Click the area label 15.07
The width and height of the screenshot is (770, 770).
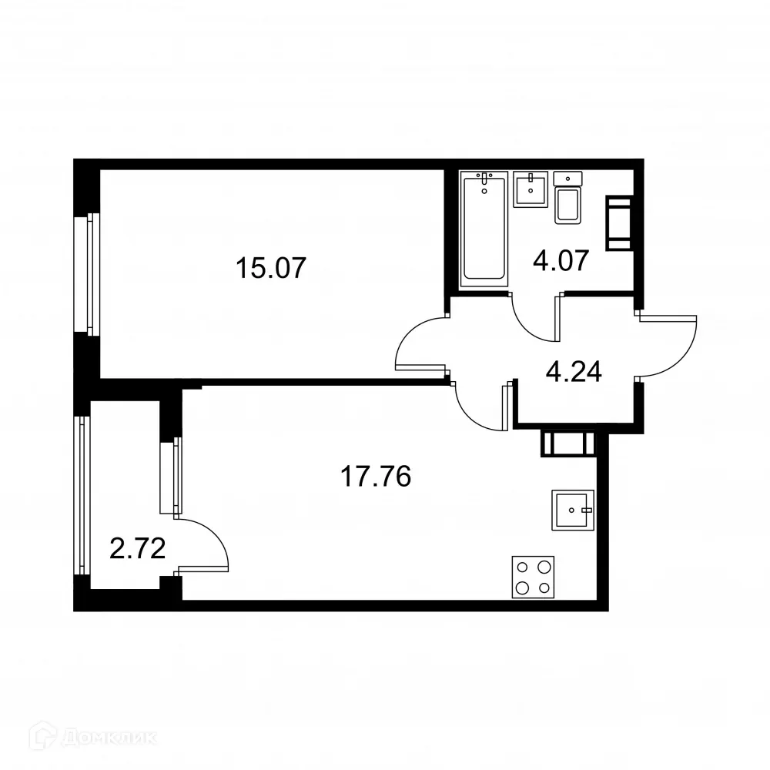point(270,269)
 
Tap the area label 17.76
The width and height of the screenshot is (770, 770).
point(376,477)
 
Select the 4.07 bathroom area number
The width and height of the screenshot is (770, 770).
point(561,259)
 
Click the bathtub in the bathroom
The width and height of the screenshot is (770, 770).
point(484,228)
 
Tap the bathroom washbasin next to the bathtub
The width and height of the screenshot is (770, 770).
point(531,188)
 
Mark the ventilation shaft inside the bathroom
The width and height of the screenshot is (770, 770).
point(620,223)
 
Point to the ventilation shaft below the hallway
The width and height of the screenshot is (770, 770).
point(568,444)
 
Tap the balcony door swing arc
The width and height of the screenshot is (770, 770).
point(207,544)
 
